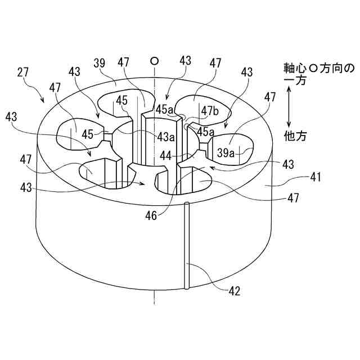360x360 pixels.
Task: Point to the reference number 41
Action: click(x=315, y=178)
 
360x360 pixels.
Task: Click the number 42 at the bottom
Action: click(x=235, y=291)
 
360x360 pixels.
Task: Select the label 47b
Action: click(x=210, y=110)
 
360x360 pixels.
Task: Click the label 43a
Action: click(x=166, y=137)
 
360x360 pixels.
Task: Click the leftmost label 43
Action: click(x=11, y=117)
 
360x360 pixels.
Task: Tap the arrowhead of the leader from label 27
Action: click(x=43, y=102)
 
